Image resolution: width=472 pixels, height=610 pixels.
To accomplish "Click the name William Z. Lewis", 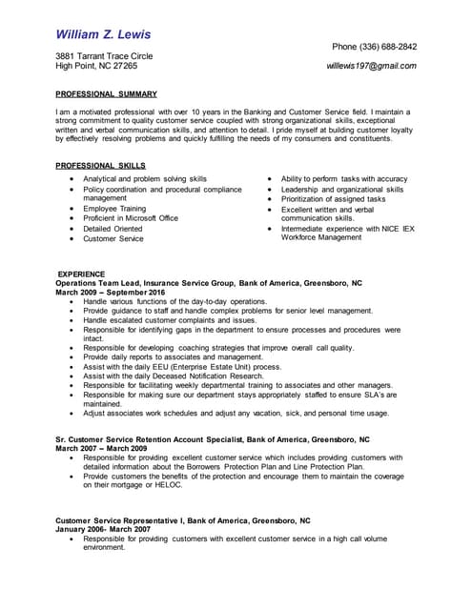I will (103, 34).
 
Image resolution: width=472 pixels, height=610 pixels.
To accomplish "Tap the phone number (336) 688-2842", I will (374, 47).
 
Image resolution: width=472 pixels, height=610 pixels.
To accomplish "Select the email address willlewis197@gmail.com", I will (371, 67).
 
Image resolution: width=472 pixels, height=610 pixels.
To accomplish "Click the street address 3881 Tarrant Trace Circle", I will (104, 56).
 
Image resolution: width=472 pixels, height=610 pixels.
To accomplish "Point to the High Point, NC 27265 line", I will (96, 67).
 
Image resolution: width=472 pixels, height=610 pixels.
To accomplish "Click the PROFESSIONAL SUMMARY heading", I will (106, 94).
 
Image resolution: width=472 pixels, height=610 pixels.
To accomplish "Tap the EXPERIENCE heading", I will (81, 274).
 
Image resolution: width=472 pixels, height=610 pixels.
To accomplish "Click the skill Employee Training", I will (114, 209).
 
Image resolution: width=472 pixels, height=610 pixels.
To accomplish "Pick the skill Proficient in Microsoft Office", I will (131, 218).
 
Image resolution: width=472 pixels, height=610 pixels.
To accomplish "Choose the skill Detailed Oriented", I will (113, 229).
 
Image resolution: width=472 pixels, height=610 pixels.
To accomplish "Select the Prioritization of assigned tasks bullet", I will (333, 199).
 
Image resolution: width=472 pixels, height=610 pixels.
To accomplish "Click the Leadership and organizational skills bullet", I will (341, 189).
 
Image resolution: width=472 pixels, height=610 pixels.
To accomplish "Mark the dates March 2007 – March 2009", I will (101, 448).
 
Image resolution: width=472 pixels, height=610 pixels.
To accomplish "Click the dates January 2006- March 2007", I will (103, 529).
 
